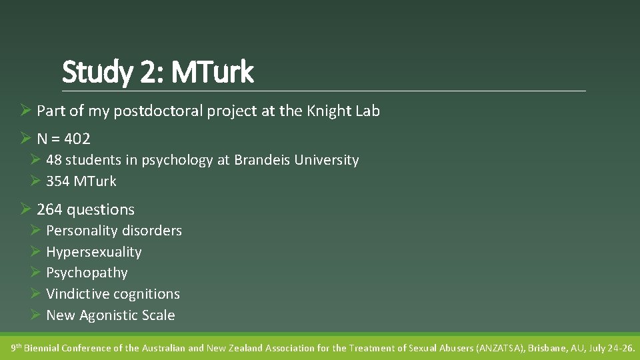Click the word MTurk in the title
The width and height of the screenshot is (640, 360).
tap(212, 72)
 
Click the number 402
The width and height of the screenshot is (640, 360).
tap(77, 139)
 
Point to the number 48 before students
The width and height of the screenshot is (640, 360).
tap(53, 160)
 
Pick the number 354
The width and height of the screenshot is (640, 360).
tap(58, 181)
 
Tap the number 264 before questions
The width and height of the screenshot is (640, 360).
tap(49, 209)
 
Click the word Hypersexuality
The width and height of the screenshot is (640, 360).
tap(94, 252)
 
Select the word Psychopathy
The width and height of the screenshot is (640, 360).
tap(87, 273)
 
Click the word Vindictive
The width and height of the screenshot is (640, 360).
tap(77, 294)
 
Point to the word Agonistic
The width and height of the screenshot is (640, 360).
tap(109, 315)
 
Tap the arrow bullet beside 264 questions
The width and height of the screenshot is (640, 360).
tap(26, 209)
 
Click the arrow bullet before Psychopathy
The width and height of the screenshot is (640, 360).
tap(36, 273)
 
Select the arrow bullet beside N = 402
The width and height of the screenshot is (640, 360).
tap(26, 139)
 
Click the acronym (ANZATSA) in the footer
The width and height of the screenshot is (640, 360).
tap(499, 348)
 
